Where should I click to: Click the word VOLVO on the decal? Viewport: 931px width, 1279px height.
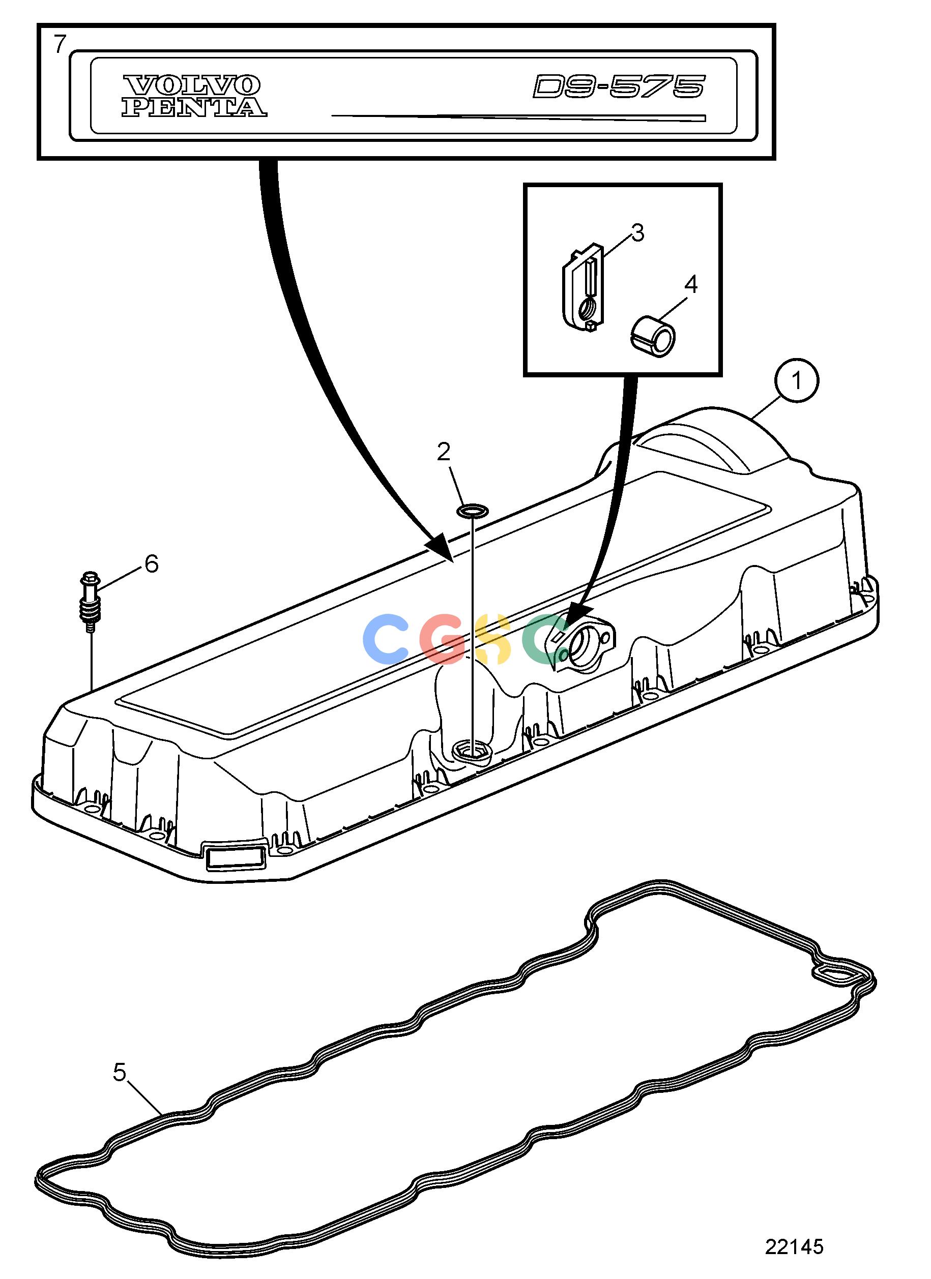[x=191, y=86]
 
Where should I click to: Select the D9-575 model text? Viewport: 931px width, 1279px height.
[x=619, y=87]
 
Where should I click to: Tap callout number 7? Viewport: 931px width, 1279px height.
[x=60, y=44]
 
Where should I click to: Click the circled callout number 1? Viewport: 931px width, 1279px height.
[x=796, y=382]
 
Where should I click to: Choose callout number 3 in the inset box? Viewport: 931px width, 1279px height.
[x=637, y=232]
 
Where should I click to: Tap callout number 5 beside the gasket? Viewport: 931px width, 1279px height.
[x=120, y=1073]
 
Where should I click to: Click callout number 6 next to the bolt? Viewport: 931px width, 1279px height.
[x=152, y=564]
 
